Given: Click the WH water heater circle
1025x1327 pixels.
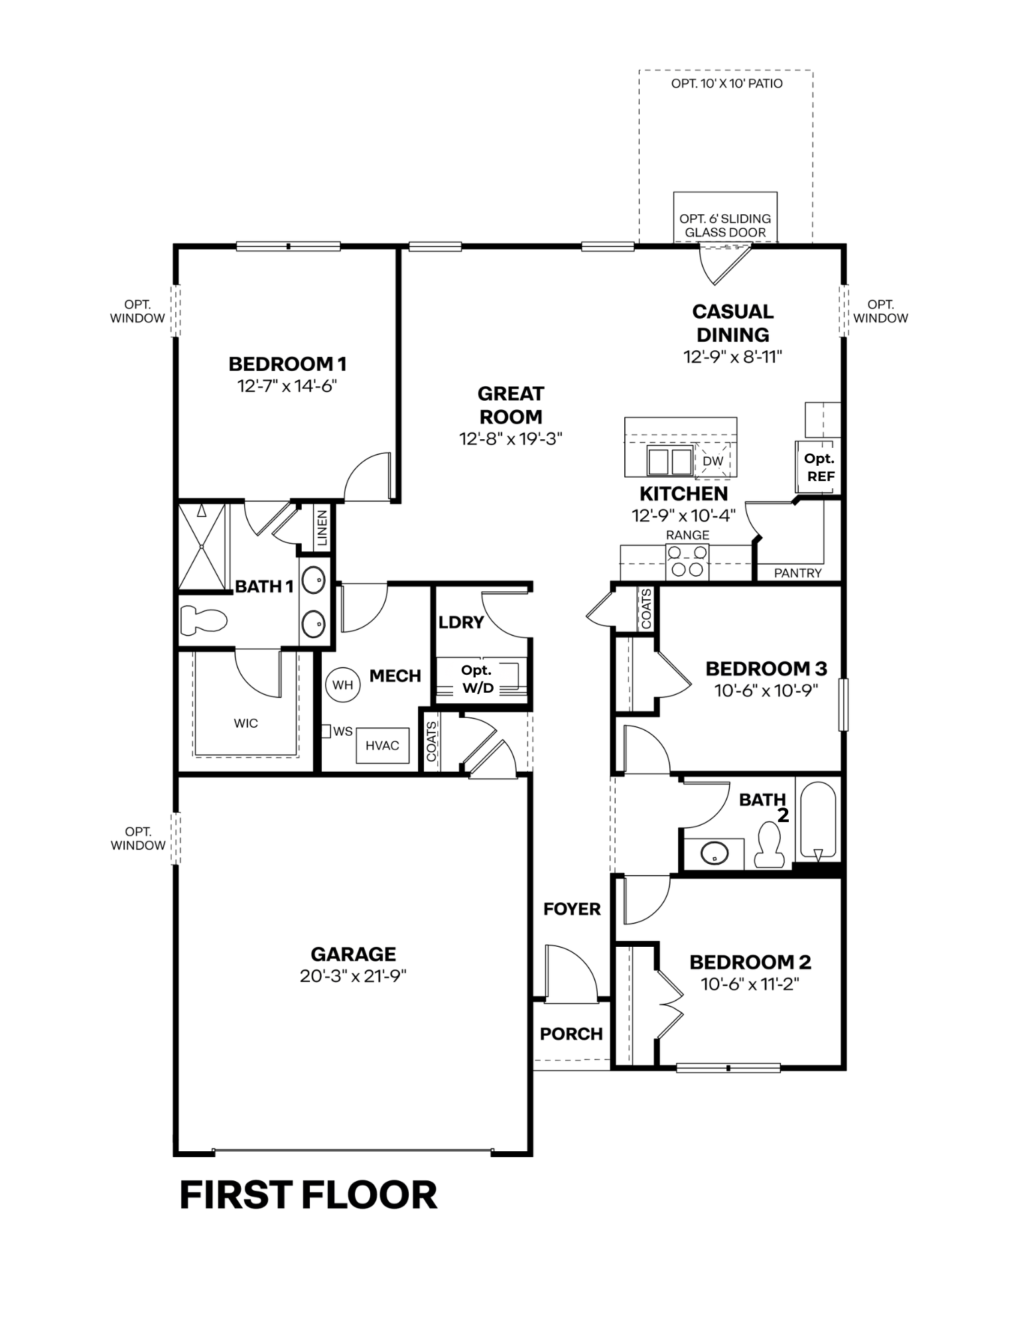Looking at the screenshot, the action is (x=343, y=684).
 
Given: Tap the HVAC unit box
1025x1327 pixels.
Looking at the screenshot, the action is (x=382, y=745).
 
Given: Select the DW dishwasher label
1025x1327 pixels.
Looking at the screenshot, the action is (x=713, y=460).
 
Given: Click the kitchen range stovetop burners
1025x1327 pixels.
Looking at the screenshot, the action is (x=687, y=561).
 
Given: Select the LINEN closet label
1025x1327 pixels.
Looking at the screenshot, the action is (x=322, y=527).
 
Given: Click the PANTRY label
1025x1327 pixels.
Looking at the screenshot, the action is (x=798, y=573).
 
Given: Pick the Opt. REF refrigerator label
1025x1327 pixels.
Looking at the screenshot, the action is (x=820, y=467).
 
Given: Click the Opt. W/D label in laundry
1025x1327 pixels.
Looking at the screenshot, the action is (x=478, y=679).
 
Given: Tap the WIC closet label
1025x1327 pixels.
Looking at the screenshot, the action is (x=245, y=723).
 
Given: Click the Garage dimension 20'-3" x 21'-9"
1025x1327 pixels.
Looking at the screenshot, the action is (x=353, y=976).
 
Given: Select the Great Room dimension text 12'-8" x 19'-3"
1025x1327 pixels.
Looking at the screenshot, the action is (x=511, y=439).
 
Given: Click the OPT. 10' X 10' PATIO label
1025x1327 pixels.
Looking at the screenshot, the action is (x=726, y=84).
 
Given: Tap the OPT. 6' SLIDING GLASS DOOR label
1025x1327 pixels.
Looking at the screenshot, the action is (x=725, y=226).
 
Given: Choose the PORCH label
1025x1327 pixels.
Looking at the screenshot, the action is (x=571, y=1033).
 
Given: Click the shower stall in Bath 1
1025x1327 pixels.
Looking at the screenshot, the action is (x=202, y=546).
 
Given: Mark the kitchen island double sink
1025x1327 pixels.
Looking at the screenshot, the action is (x=669, y=460).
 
